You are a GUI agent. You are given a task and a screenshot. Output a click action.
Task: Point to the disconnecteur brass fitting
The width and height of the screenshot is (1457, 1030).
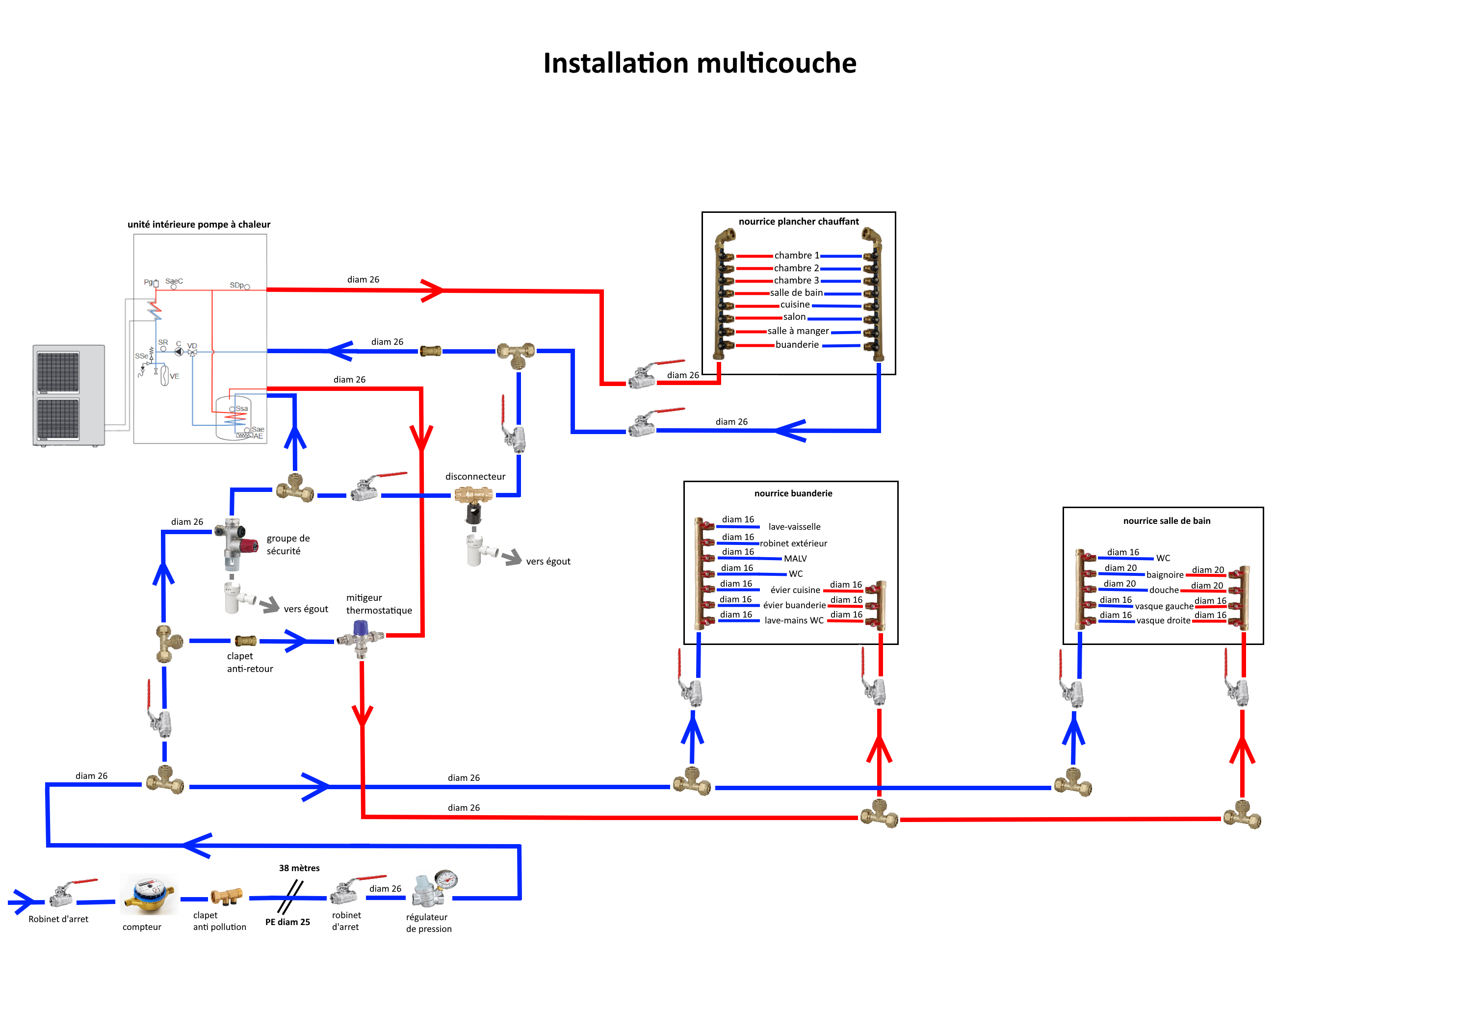point(473,494)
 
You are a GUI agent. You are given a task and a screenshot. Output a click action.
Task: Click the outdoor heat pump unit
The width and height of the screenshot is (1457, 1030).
point(69,395)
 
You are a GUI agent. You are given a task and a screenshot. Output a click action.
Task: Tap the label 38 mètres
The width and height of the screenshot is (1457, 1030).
point(299,868)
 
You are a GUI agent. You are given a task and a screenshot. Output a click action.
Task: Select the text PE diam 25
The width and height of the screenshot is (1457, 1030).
point(287,922)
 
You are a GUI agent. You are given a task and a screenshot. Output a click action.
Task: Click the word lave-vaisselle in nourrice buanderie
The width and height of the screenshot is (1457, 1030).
point(794,527)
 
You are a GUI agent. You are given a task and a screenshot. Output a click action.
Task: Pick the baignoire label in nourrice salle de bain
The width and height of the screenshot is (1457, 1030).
point(1165,574)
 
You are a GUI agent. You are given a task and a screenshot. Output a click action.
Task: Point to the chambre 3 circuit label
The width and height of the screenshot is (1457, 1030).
point(796,280)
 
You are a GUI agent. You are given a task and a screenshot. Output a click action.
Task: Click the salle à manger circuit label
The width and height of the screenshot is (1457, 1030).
point(798,331)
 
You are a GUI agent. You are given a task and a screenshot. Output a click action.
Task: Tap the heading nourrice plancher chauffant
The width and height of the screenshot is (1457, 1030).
point(798,222)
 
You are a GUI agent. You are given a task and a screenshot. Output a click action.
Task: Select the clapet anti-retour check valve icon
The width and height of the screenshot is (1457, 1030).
point(246,641)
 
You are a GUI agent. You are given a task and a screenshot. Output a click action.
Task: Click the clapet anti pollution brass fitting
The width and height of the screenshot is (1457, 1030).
point(226,896)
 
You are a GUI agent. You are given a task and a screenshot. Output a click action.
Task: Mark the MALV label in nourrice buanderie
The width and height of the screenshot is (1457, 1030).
point(795,559)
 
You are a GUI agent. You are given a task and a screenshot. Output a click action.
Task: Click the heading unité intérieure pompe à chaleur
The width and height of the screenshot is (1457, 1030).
point(199,224)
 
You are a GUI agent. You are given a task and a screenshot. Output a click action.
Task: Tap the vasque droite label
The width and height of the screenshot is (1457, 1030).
point(1163,620)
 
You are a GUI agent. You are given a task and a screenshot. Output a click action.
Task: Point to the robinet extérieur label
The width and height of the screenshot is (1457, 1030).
point(793,543)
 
